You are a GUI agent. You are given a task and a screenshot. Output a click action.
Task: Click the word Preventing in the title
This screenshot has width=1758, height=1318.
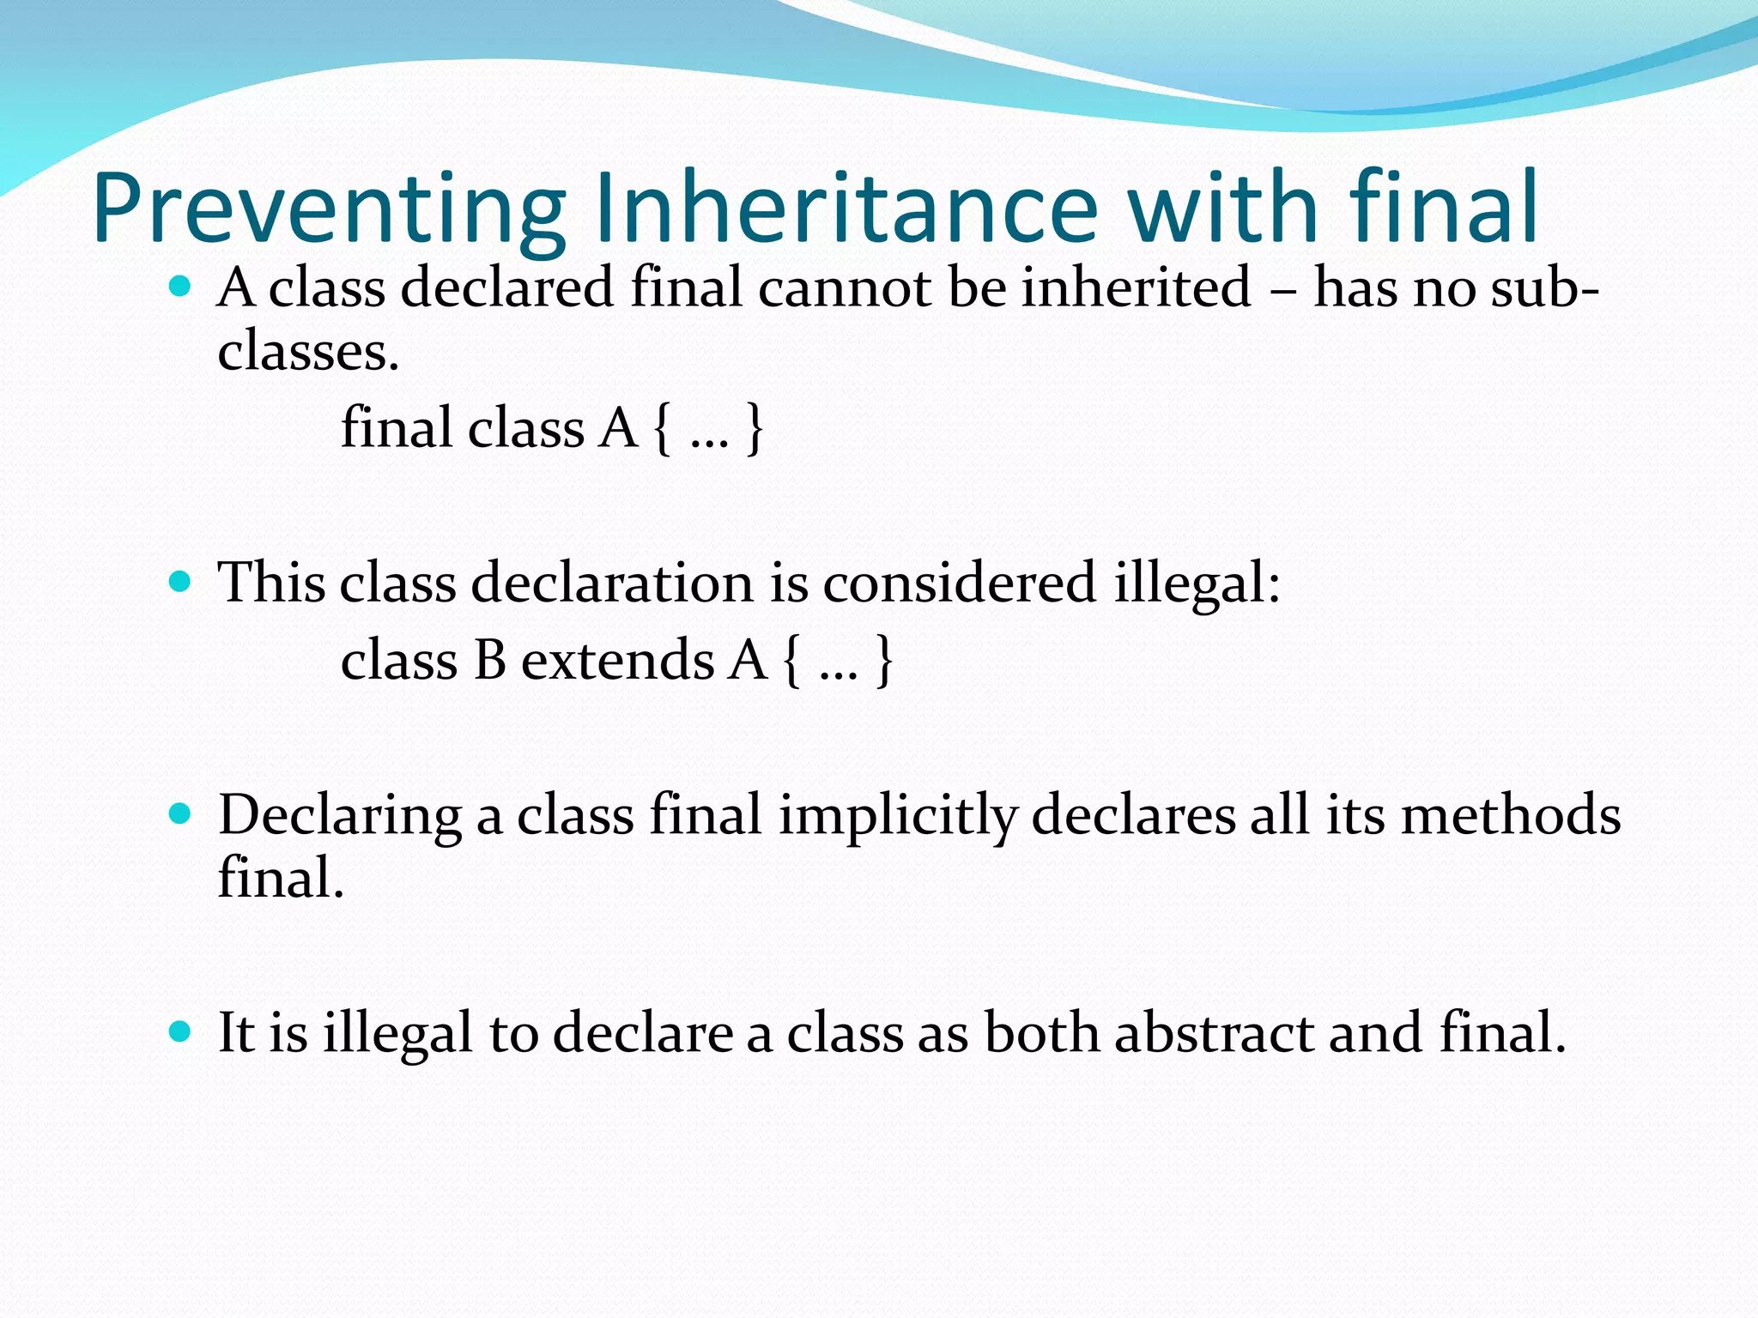pos(329,209)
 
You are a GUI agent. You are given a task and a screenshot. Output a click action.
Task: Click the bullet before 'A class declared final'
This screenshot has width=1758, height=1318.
pos(179,287)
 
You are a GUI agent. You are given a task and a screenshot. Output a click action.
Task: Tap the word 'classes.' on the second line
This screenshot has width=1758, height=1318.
pos(308,352)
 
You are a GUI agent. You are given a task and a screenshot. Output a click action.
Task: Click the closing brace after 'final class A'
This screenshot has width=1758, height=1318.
pos(754,428)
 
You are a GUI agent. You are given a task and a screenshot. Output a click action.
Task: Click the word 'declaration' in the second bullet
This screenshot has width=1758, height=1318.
pos(613,583)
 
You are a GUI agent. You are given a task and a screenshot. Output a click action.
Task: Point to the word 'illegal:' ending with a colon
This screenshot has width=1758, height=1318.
pos(1197,584)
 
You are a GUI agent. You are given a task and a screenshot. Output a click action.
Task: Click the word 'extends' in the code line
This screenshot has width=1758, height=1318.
pos(617,661)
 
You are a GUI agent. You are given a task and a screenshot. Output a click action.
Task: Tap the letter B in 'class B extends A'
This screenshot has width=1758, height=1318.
pos(489,661)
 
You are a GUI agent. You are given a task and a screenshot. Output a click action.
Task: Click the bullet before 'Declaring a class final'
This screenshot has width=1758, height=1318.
pos(179,813)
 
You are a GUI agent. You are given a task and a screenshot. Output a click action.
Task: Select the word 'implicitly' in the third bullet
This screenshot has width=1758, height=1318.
pos(897,815)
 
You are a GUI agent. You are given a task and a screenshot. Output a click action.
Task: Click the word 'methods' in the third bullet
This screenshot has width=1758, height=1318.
pos(1510,814)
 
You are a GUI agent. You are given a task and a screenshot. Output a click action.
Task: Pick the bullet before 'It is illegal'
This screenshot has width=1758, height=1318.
pos(179,1031)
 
